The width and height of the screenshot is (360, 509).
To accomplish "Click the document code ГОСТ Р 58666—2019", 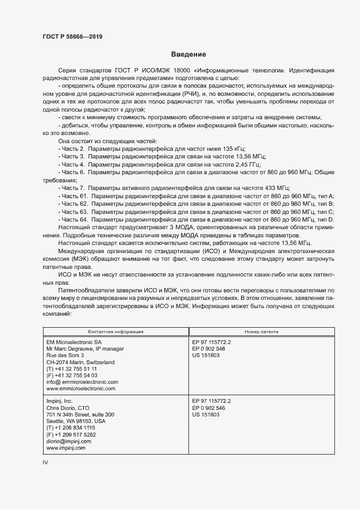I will coord(72,36).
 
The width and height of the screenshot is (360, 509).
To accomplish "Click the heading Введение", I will coord(188,54).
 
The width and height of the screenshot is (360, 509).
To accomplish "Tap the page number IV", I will coord(46,462).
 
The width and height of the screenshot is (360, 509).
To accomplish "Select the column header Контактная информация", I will coord(116,331).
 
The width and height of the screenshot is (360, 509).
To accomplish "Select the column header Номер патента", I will coord(262,331).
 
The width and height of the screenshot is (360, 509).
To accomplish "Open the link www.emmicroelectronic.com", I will coord(81,389).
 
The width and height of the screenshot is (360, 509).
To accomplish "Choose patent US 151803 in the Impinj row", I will coord(206,414).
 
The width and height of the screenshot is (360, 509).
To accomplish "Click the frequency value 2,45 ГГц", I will coord(248,164).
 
